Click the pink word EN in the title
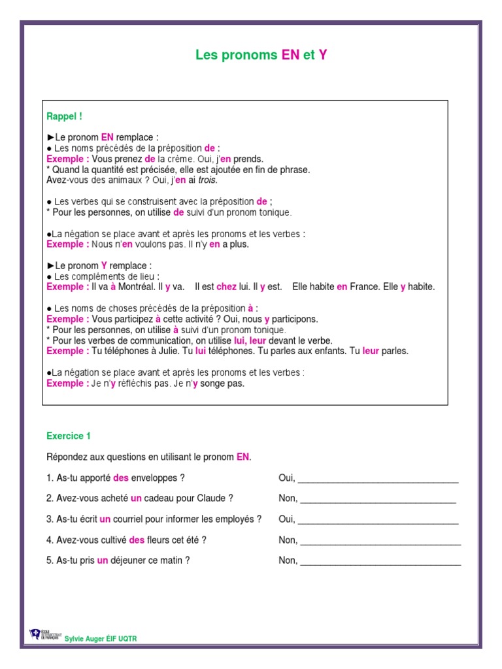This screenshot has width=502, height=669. click(x=290, y=56)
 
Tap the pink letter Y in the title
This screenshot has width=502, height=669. click(x=323, y=56)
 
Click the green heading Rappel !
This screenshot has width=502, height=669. click(x=65, y=117)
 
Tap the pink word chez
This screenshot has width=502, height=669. click(x=226, y=287)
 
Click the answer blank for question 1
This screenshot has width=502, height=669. click(x=378, y=478)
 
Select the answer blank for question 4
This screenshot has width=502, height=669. click(x=380, y=540)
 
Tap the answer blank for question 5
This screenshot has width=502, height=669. click(x=380, y=561)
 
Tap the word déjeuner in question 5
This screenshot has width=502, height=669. click(x=129, y=561)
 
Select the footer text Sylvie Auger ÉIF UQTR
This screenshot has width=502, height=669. click(x=101, y=638)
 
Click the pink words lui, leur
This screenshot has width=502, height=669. click(x=249, y=340)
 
